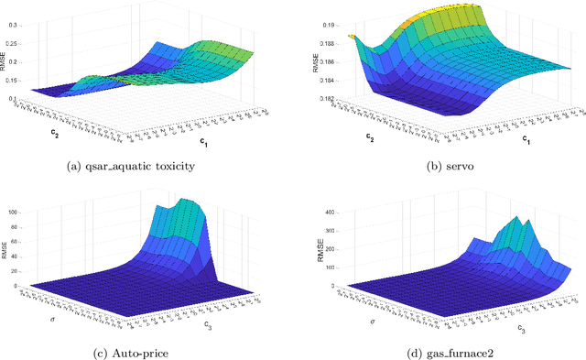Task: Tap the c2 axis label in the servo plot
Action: tap(369, 137)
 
